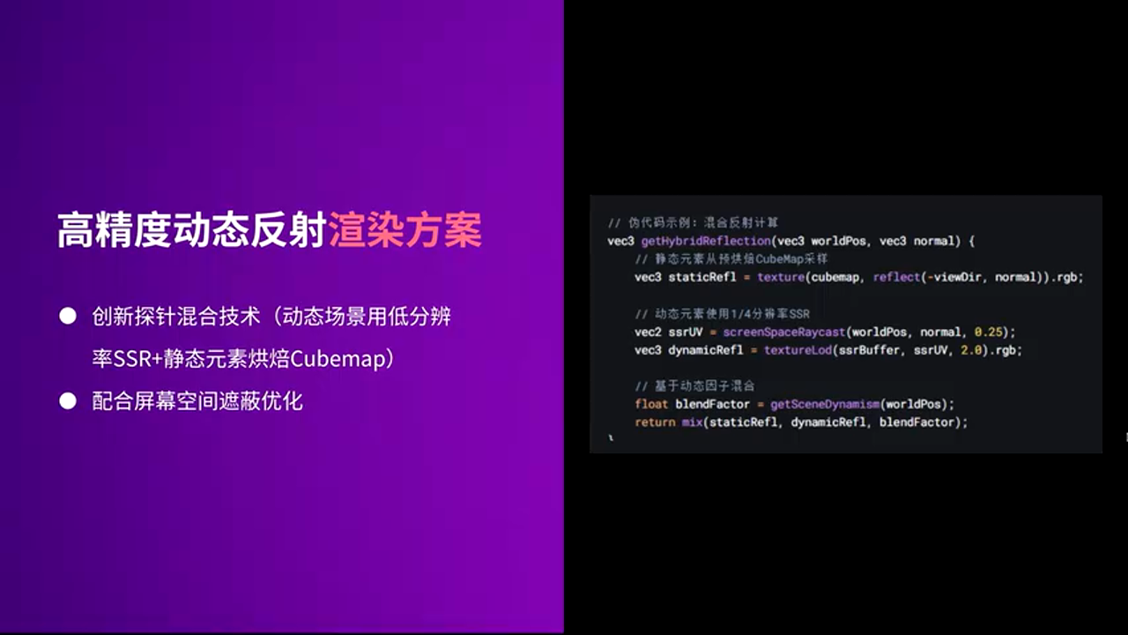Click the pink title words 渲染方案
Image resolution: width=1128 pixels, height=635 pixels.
click(404, 230)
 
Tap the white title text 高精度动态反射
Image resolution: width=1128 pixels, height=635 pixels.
click(192, 230)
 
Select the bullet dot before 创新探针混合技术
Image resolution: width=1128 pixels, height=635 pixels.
click(68, 317)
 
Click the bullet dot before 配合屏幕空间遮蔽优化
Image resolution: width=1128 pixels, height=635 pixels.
click(68, 401)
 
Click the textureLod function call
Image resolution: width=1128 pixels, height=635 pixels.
click(796, 350)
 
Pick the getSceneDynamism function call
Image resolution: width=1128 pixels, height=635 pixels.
click(824, 405)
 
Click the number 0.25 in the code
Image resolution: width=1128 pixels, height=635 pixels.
click(991, 332)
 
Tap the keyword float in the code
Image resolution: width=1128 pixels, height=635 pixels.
click(651, 405)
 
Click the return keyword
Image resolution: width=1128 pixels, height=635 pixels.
click(655, 422)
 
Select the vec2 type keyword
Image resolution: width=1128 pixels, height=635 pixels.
click(648, 332)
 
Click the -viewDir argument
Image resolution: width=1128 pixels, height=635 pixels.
click(958, 277)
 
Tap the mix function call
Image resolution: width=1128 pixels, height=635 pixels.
click(692, 422)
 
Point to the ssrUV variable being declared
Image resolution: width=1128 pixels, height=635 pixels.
click(685, 332)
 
